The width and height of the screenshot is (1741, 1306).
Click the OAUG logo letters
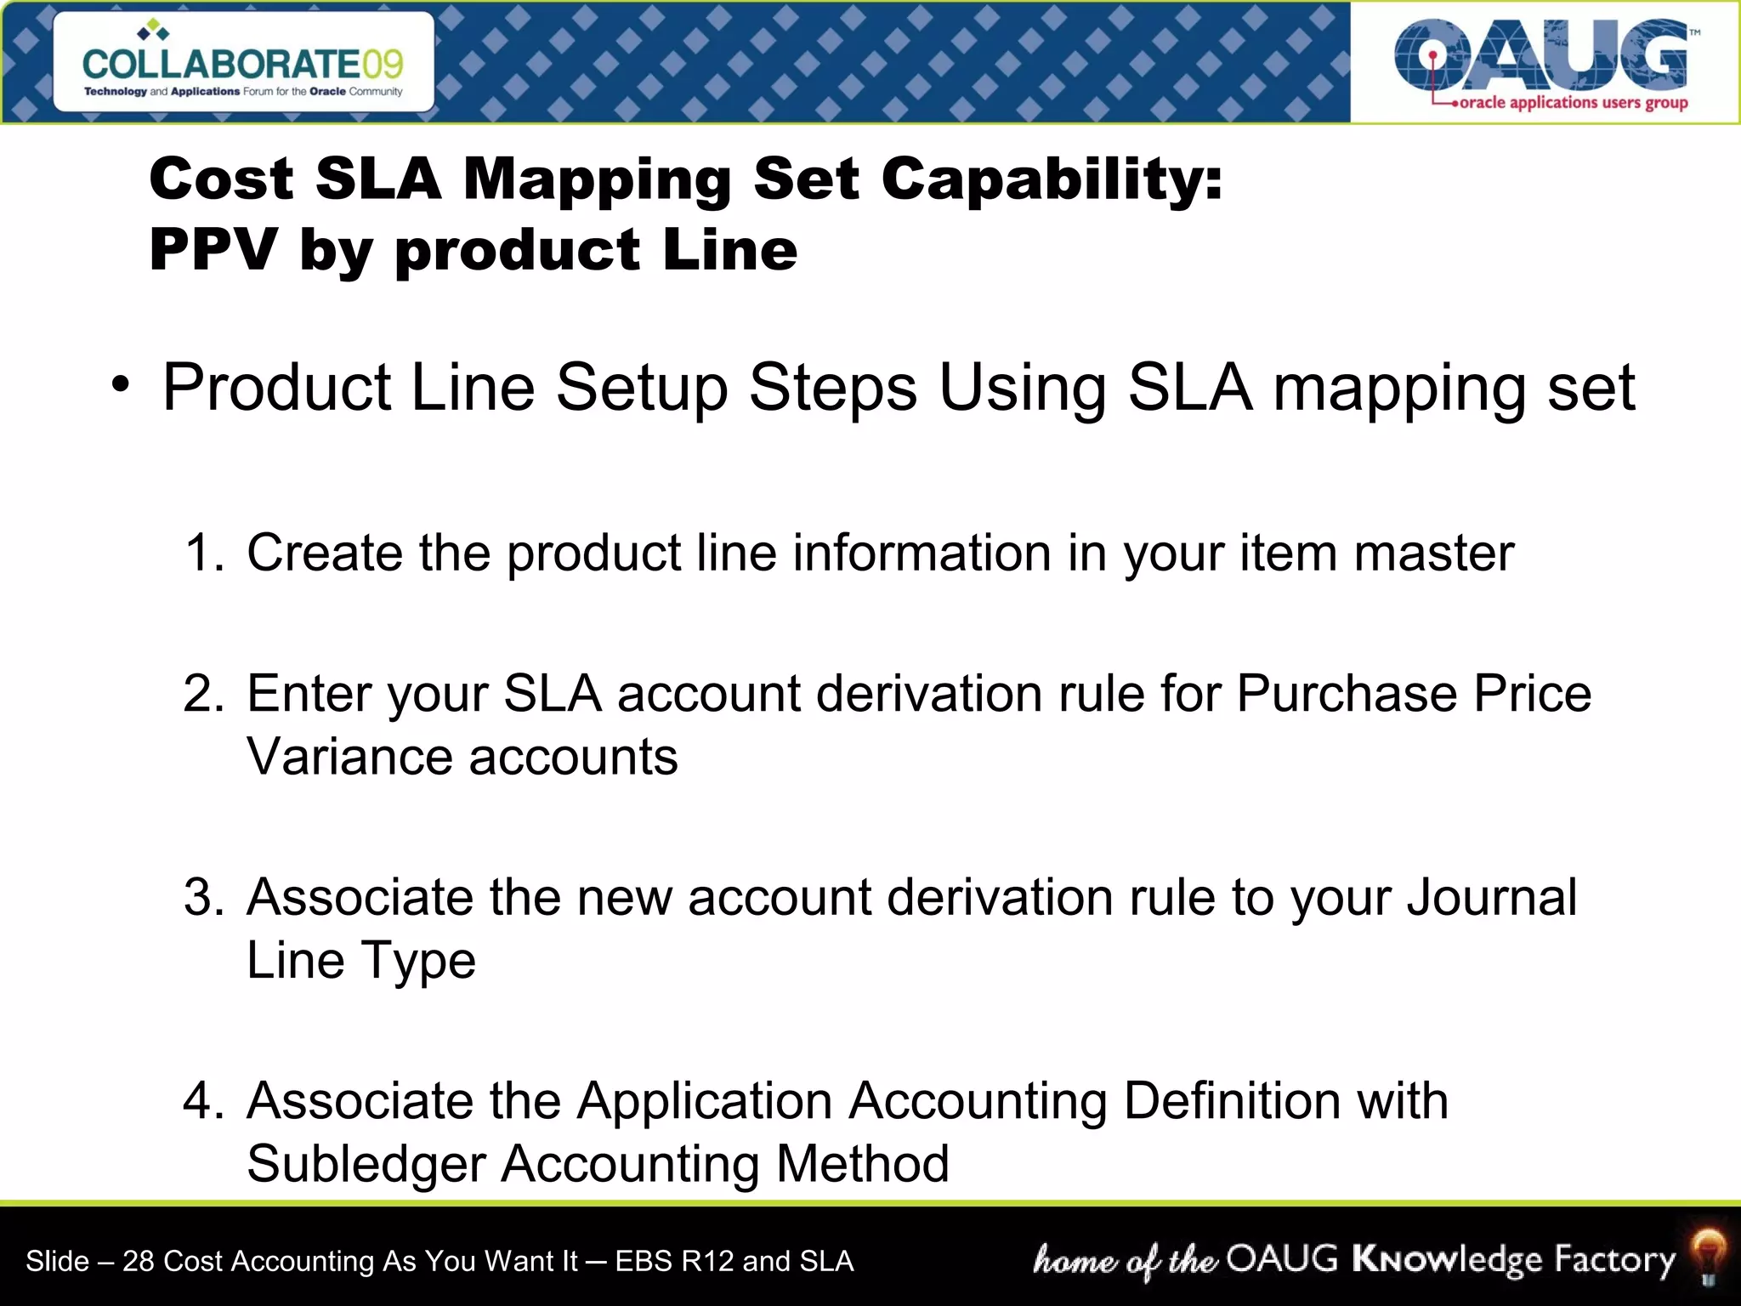coord(1540,55)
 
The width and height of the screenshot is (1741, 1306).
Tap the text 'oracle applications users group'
coord(1573,103)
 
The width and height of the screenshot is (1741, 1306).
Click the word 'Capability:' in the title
coord(1052,180)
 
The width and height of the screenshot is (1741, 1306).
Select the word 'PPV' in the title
coord(213,250)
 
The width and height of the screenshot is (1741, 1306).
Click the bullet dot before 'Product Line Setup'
coord(121,385)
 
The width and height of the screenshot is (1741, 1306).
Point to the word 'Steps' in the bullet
coord(832,388)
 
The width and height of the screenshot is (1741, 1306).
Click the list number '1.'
coord(204,553)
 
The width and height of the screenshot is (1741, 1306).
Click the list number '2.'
coord(204,693)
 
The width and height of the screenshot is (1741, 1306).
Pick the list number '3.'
coord(204,897)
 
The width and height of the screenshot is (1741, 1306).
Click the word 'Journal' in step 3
coord(1492,897)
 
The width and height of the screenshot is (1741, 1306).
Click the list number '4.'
coord(204,1100)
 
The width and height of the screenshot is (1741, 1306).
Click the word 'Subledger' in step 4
coord(366,1164)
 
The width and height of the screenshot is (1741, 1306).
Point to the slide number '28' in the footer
coord(139,1261)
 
